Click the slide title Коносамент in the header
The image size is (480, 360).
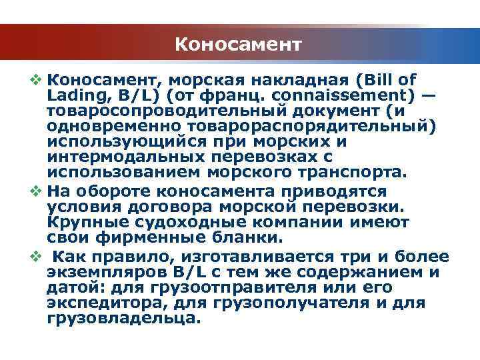pyautogui.click(x=239, y=45)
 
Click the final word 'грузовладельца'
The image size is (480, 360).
pyautogui.click(x=121, y=318)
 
